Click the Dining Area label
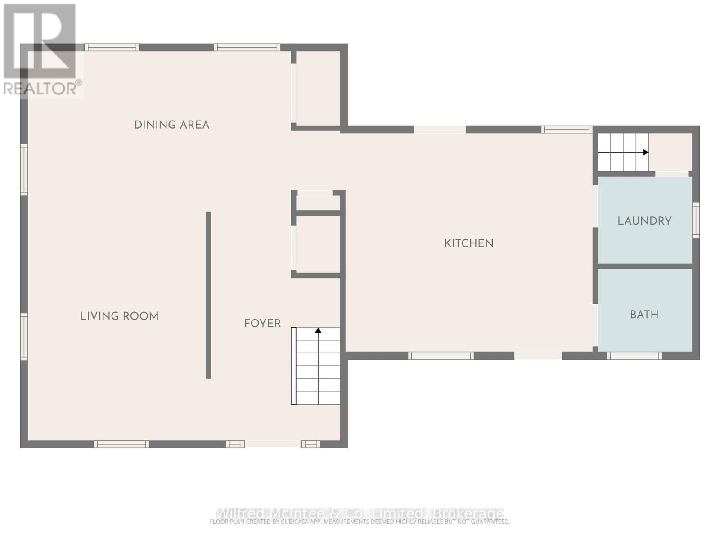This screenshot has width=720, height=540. (x=172, y=125)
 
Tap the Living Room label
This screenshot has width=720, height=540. (x=119, y=316)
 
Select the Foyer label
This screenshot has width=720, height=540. (x=262, y=323)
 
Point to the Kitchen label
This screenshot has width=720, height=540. (x=469, y=243)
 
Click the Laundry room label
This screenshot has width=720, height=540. (x=644, y=220)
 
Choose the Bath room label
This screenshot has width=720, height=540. (x=644, y=314)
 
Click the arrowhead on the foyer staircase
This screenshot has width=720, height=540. (x=318, y=330)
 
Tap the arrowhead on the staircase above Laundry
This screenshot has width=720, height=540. (x=646, y=152)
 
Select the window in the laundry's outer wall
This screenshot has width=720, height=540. (x=696, y=220)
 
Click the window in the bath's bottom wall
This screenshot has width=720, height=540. (x=634, y=355)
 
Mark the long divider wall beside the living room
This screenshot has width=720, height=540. (x=208, y=295)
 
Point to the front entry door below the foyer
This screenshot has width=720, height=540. (x=273, y=444)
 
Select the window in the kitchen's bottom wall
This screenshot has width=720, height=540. (x=441, y=355)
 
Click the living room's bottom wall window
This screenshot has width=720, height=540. (x=121, y=444)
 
